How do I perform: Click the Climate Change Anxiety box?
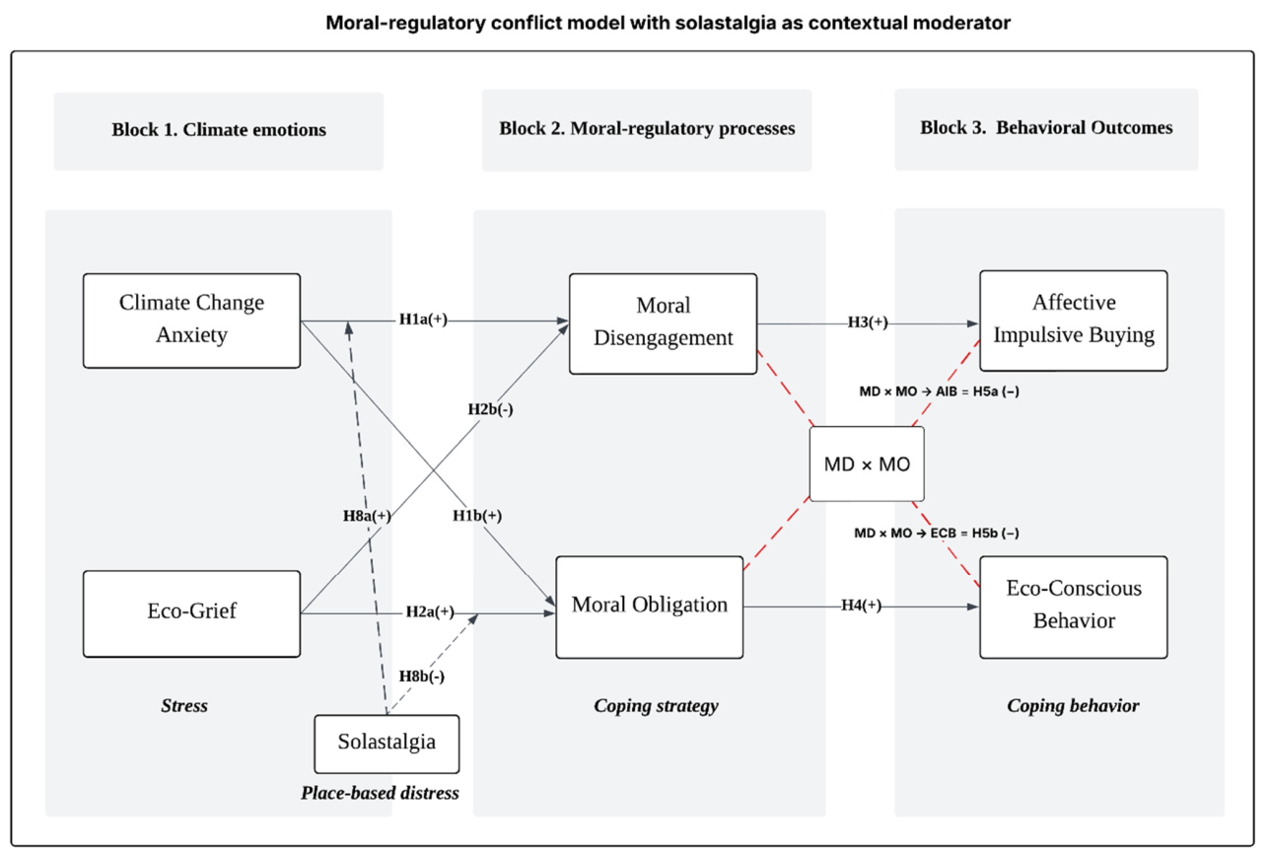coord(191,321)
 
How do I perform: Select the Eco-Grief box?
coord(191,613)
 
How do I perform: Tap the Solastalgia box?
coord(387,744)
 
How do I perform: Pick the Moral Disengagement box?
coord(663,323)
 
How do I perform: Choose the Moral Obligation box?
coord(650,606)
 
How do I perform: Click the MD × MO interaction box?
coord(867,464)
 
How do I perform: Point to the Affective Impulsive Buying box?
coord(1074,321)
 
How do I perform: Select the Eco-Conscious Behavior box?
coord(1074,606)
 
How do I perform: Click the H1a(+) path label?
coord(423,320)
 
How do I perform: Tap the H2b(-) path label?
coord(490,408)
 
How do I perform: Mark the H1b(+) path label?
coord(477,515)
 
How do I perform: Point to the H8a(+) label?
coord(367,515)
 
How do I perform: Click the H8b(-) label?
coord(422,676)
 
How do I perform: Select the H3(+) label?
coord(868,322)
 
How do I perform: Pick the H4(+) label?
coord(861,606)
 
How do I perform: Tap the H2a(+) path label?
coord(430,611)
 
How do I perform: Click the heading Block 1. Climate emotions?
coord(219,129)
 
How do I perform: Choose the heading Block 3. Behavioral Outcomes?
coord(1046,127)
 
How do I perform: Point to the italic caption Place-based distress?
coord(380,793)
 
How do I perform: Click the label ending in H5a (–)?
coord(939,392)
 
